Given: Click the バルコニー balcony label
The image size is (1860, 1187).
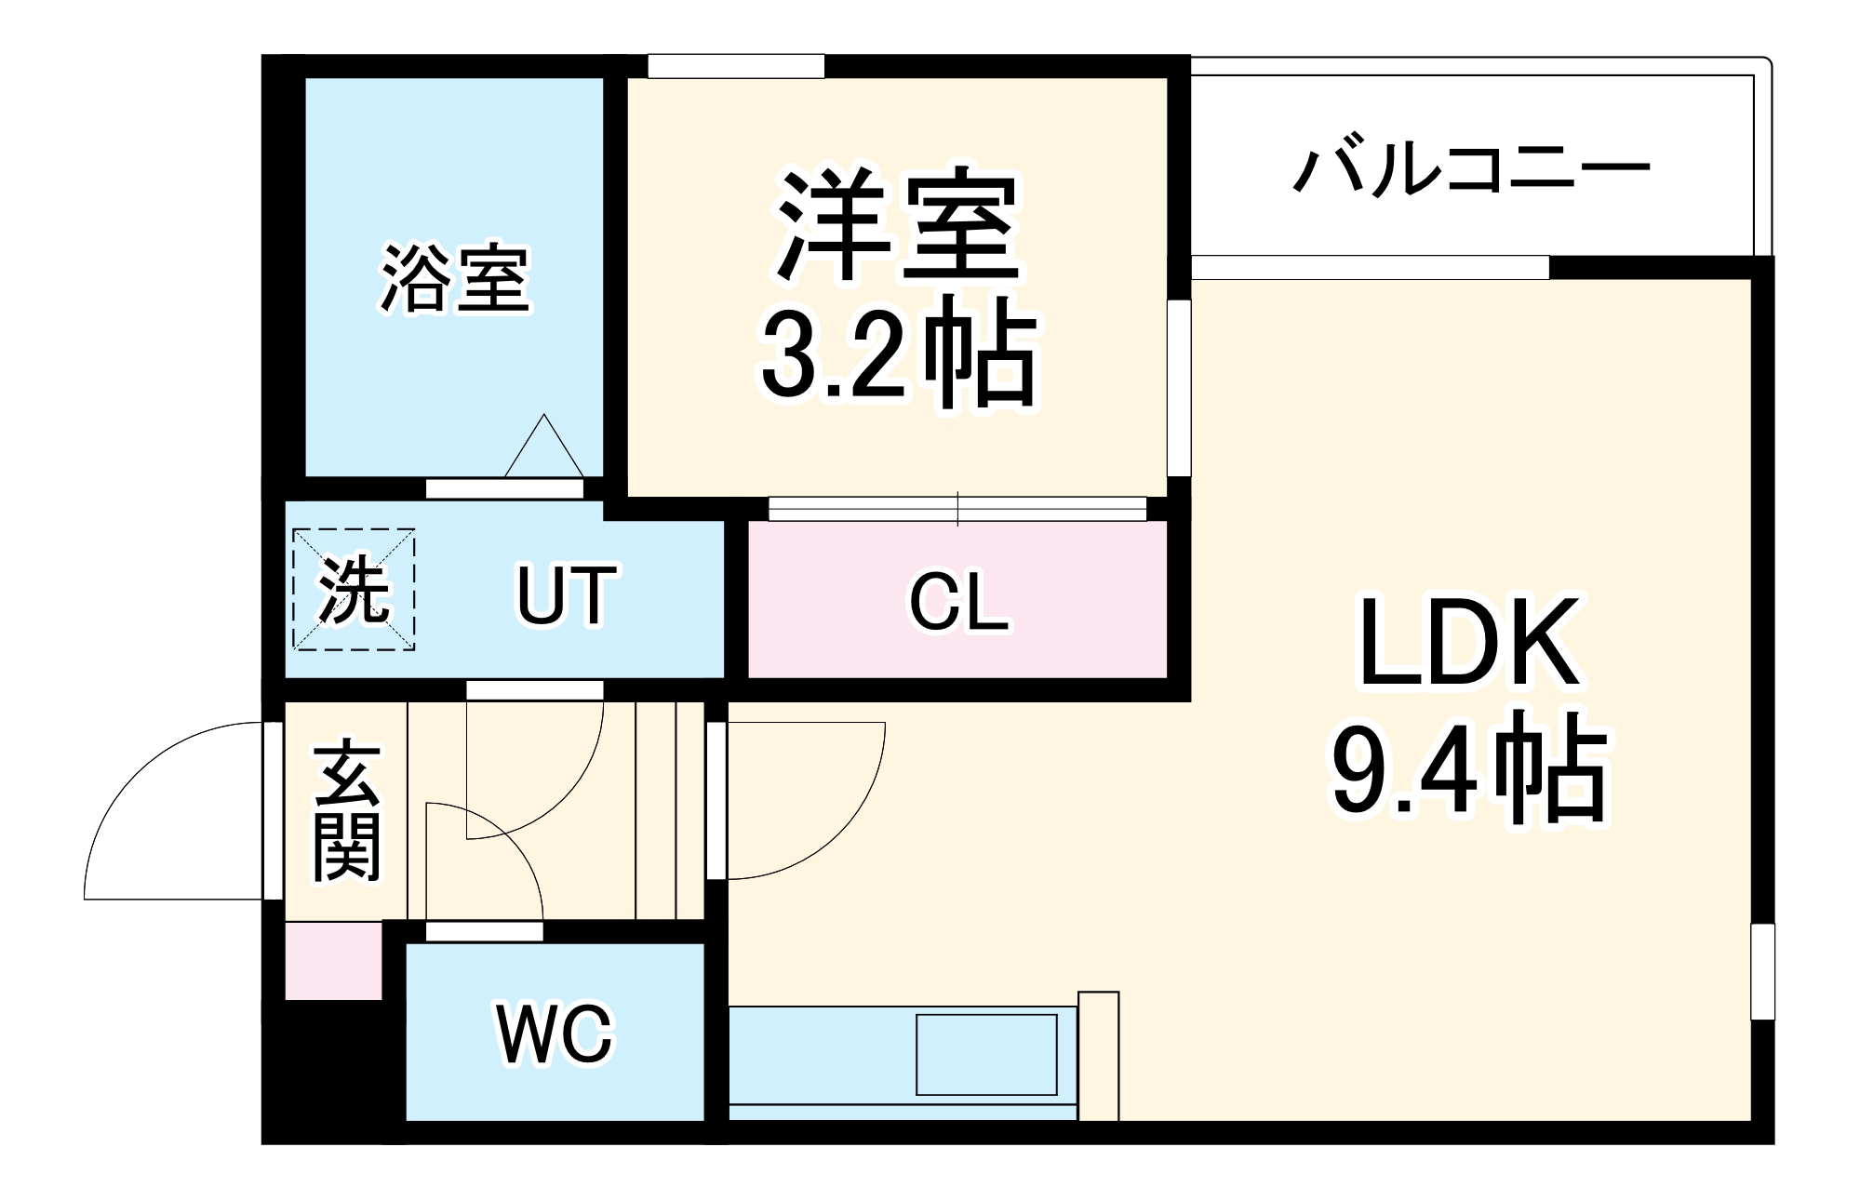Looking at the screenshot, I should (1471, 170).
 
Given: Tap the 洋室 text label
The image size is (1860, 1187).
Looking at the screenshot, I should (898, 226).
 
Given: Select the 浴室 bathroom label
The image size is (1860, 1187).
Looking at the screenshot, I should (455, 278).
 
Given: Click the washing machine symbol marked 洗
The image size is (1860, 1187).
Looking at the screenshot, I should (354, 590).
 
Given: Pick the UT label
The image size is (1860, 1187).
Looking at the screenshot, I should (566, 595).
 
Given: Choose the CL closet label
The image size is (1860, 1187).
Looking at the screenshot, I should (958, 602).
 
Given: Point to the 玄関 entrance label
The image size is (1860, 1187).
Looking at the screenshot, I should (346, 809).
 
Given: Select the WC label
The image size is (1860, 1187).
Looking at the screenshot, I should (555, 1034).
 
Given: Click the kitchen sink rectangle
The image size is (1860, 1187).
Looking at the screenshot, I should (986, 1054).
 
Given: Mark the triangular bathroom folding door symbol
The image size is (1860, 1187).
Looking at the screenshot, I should (544, 448).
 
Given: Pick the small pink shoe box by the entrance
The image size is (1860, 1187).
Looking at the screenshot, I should (333, 961).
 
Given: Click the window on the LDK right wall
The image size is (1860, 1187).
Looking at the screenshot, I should (1762, 971).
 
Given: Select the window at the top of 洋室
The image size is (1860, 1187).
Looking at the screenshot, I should (736, 67).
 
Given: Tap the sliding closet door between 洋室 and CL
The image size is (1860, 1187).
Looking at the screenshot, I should (957, 509).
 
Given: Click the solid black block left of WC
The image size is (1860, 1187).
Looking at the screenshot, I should (333, 1070).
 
